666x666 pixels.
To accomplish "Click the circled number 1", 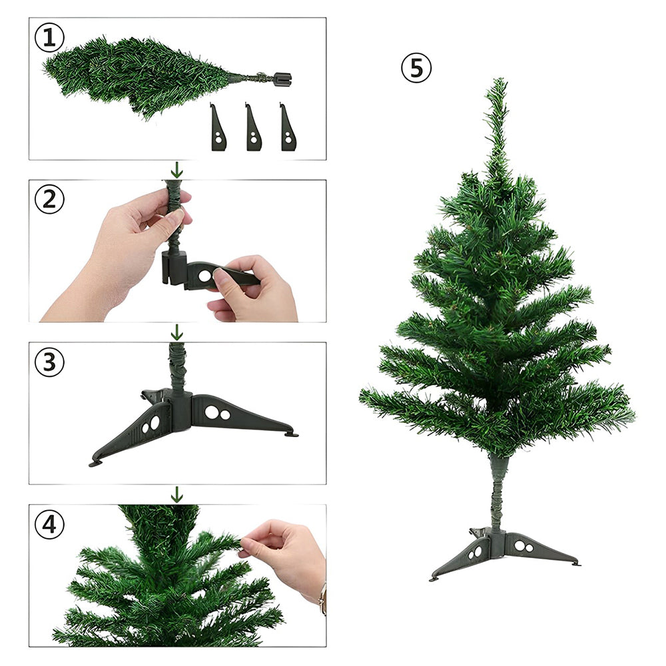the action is [x=49, y=38].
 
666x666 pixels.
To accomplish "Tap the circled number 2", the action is [x=49, y=199].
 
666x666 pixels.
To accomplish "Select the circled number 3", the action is [x=49, y=362].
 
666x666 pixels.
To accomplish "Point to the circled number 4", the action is [x=49, y=524].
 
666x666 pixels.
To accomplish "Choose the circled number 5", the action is [x=416, y=68].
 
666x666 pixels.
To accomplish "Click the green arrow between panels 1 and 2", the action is [x=176, y=170].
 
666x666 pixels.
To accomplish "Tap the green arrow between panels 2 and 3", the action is [x=176, y=332].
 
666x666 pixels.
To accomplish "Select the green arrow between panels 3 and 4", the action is [x=176, y=495].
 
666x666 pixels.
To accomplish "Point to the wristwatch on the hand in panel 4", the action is [x=323, y=599].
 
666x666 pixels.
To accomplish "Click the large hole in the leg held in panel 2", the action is [x=204, y=276].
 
